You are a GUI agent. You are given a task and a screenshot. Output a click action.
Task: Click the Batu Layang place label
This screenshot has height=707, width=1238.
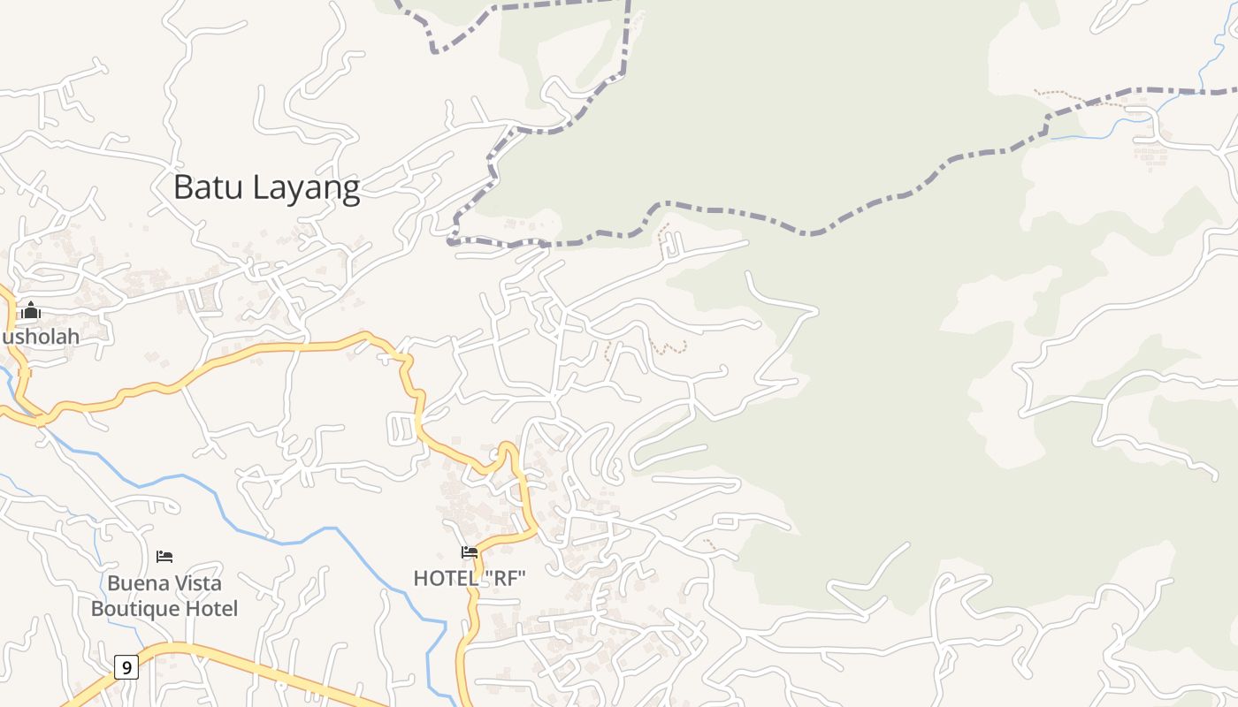pos(266,187)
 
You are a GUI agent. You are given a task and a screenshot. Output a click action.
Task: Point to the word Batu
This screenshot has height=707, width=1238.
pos(208,187)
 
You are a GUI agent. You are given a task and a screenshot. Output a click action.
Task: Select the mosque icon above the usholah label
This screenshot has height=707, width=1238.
pos(31,310)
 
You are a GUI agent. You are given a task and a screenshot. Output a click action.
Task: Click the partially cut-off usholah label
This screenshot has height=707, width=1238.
pos(40,337)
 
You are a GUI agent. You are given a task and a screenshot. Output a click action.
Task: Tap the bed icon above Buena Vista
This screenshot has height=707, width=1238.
pos(164,557)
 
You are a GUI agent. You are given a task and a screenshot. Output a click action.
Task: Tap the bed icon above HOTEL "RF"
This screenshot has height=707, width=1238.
pos(470,552)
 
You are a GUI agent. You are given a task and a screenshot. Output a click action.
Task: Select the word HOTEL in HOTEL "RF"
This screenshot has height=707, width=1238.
pos(445,579)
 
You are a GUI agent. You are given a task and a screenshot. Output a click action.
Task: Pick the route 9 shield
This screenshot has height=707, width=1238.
pos(126,667)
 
